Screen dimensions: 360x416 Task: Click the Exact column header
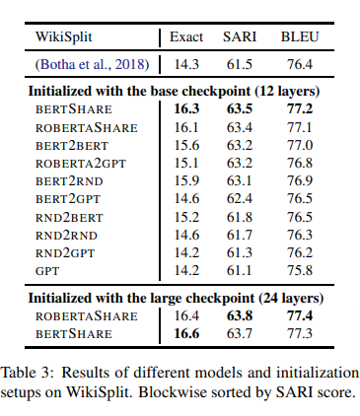[x=186, y=36]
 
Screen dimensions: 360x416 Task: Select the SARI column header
[x=240, y=36]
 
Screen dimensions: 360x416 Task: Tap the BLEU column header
[x=300, y=36]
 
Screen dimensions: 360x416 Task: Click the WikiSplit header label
[x=64, y=36]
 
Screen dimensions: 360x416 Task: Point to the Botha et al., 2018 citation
[x=92, y=64]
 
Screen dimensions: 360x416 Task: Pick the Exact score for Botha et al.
[x=186, y=64]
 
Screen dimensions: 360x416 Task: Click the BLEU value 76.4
[x=300, y=64]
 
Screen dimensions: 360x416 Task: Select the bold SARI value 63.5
[x=240, y=108]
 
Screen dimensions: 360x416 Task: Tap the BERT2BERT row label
[x=72, y=145]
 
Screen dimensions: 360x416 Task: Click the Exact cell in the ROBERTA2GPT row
[x=186, y=163]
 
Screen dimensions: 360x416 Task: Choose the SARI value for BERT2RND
[x=240, y=180]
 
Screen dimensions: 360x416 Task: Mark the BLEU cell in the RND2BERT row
[x=300, y=217]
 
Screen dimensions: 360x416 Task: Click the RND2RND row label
[x=66, y=236]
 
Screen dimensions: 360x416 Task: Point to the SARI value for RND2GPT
[x=240, y=252]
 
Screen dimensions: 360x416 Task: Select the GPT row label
[x=47, y=271]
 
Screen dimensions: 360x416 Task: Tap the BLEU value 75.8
[x=300, y=270]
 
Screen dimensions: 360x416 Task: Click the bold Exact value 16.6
[x=186, y=333]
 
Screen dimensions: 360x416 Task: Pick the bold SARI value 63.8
[x=240, y=315]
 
